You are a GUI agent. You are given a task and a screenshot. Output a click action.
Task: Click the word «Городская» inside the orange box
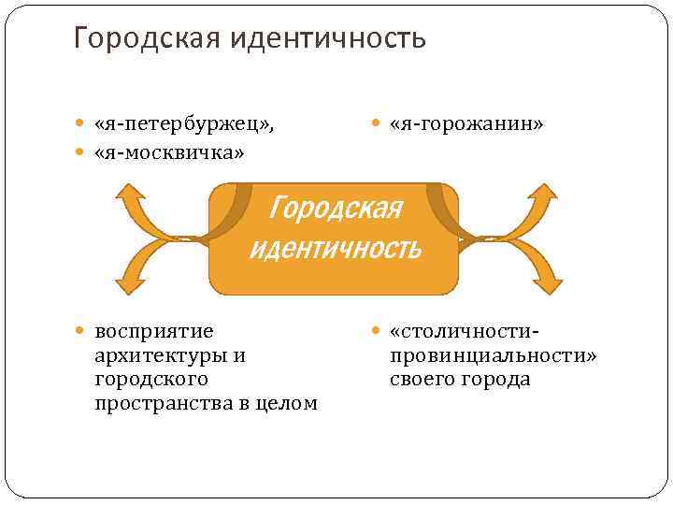[x=334, y=207]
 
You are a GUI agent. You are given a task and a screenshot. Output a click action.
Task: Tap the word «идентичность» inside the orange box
[x=335, y=249]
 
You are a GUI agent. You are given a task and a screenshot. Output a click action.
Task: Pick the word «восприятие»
[x=154, y=331]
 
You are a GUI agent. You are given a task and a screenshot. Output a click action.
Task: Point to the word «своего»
[x=422, y=380]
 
